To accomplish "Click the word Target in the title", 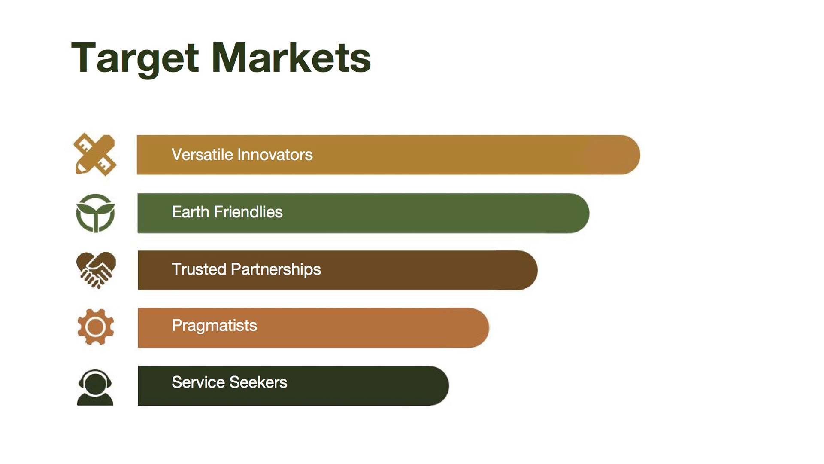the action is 135,58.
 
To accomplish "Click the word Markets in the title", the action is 291,58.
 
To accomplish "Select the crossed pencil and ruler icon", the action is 95,154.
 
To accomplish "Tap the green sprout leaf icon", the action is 95,213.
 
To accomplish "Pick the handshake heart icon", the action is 96,270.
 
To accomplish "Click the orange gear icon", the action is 96,327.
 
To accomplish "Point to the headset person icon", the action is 95,387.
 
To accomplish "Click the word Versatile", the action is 202,155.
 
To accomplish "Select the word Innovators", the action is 275,155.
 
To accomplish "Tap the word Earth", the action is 191,212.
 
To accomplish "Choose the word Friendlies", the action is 248,212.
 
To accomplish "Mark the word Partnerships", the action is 276,270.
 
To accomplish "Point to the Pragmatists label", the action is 215,326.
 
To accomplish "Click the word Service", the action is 198,382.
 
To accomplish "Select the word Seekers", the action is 258,382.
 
